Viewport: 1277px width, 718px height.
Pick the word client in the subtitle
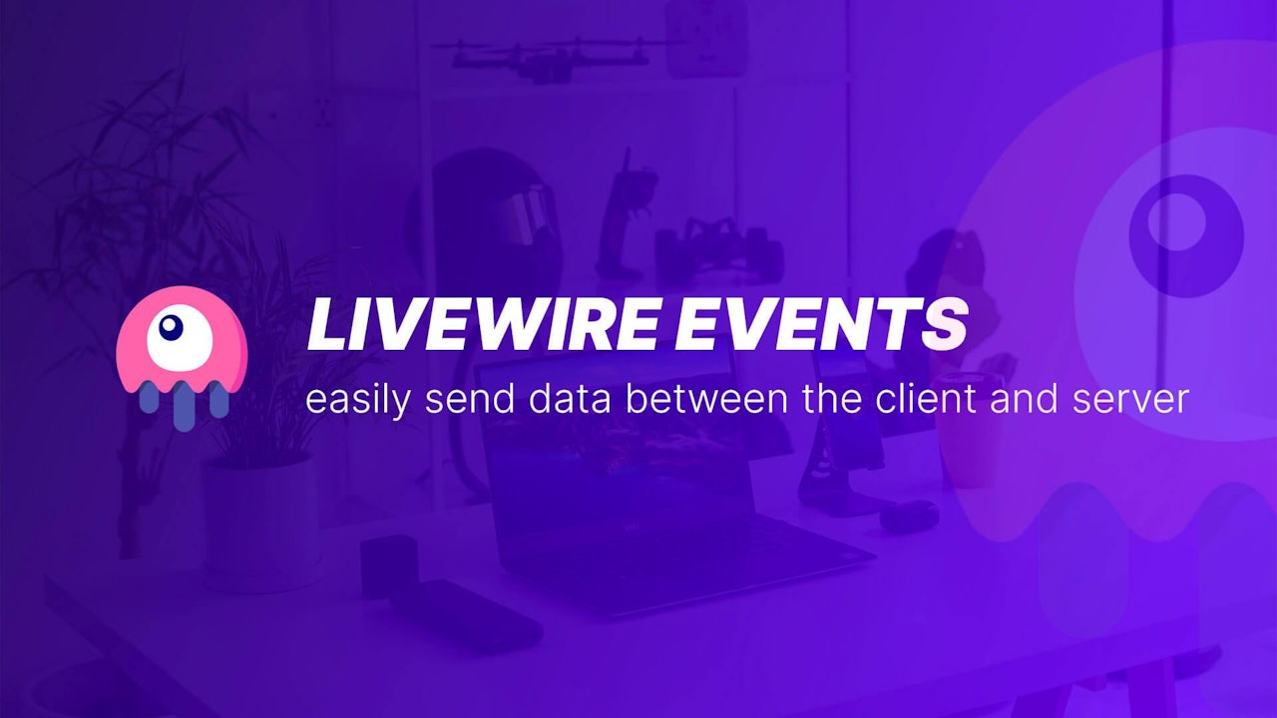click(913, 399)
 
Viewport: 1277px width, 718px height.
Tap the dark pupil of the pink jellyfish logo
click(172, 325)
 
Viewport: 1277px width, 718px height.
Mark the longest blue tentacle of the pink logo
click(183, 404)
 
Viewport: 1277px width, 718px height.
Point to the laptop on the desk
click(638, 499)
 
